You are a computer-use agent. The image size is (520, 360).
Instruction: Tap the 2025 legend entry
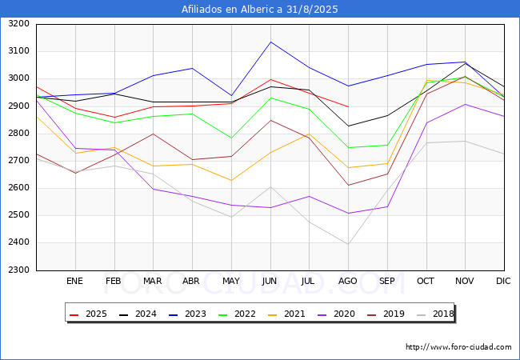(88, 314)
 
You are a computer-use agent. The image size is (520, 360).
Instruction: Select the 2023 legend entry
(187, 314)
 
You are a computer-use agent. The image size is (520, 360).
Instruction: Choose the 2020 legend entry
(336, 314)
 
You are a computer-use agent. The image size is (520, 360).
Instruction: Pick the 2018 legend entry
(435, 314)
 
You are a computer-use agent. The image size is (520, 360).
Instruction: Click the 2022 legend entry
(237, 314)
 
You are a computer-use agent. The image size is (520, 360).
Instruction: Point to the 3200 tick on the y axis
(19, 24)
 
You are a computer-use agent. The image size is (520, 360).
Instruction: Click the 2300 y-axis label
(19, 270)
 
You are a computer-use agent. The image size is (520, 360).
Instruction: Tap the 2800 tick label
(19, 134)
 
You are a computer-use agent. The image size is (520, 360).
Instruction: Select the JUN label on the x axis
(270, 281)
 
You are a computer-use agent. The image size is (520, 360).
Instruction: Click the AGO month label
(347, 281)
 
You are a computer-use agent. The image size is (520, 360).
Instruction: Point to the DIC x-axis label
(503, 281)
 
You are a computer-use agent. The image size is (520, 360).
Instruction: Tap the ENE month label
(74, 281)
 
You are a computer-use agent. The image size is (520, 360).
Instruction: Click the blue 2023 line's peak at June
(270, 42)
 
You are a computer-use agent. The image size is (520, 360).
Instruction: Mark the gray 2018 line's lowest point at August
(348, 244)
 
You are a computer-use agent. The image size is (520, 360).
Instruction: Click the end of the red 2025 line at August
(348, 106)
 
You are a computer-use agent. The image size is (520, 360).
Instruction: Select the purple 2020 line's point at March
(154, 189)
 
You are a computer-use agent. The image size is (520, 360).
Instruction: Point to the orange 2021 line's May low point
(231, 181)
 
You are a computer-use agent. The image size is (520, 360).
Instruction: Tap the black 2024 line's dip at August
(348, 126)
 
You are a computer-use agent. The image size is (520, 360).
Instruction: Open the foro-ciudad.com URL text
(458, 347)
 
